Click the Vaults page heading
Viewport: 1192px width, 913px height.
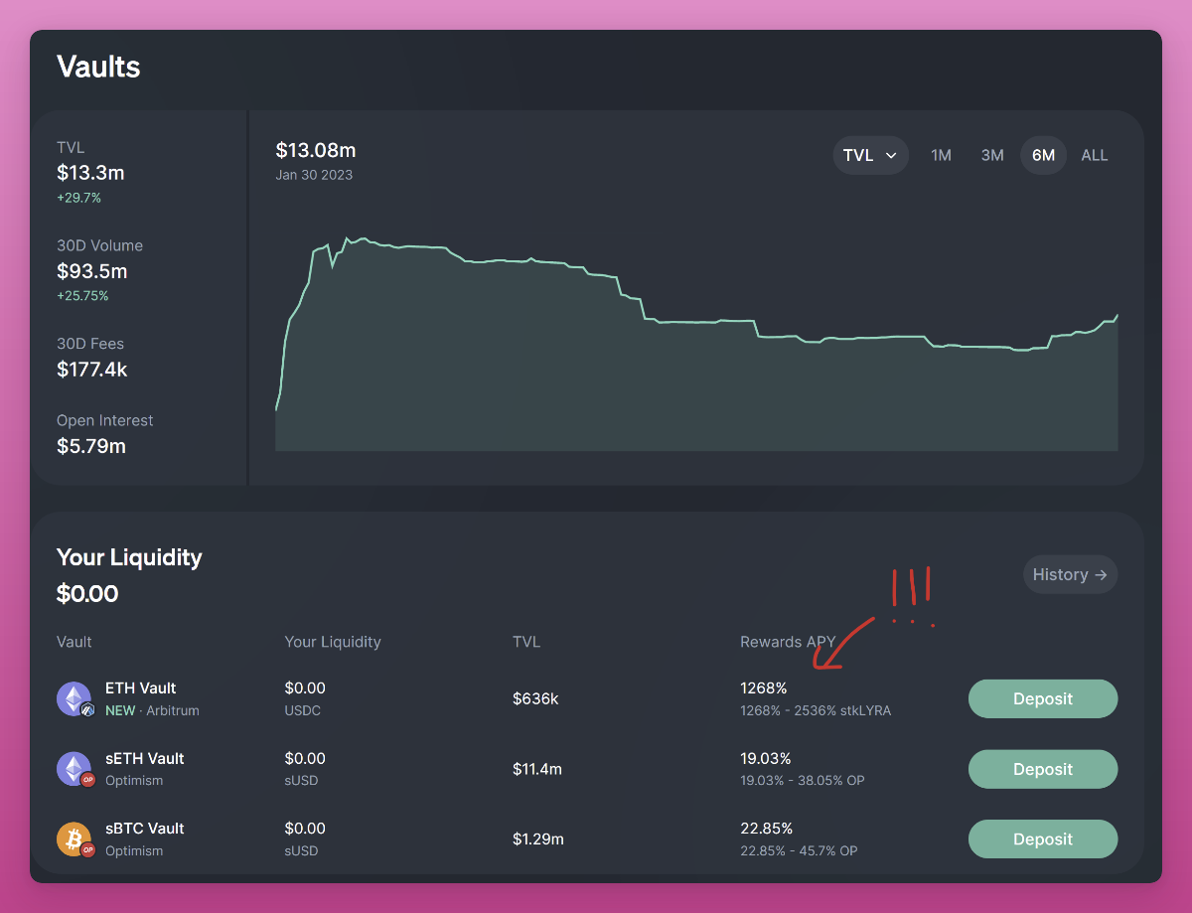pyautogui.click(x=98, y=67)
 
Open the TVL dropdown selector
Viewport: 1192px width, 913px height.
pyautogui.click(x=870, y=155)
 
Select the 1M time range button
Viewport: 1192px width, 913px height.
pyautogui.click(x=941, y=155)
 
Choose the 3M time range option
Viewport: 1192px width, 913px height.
pyautogui.click(x=992, y=155)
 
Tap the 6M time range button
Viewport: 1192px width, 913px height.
pyautogui.click(x=1043, y=155)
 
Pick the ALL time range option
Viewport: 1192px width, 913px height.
pyautogui.click(x=1094, y=155)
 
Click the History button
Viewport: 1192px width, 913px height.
pyautogui.click(x=1070, y=574)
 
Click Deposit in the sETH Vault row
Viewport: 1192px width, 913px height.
pyautogui.click(x=1042, y=769)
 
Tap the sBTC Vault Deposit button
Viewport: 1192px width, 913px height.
pyautogui.click(x=1042, y=839)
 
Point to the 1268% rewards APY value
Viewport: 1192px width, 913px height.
pyautogui.click(x=763, y=687)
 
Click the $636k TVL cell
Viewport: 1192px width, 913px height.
pyautogui.click(x=535, y=698)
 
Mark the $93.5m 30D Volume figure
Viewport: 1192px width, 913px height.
pyautogui.click(x=92, y=271)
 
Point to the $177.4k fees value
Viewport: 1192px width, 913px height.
pyautogui.click(x=92, y=370)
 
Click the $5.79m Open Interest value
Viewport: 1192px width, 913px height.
pyautogui.click(x=91, y=446)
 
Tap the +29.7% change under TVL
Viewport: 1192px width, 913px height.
pyautogui.click(x=78, y=198)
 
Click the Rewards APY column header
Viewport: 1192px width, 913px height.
pyautogui.click(x=788, y=642)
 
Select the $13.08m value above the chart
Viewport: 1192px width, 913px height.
pyautogui.click(x=315, y=150)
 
